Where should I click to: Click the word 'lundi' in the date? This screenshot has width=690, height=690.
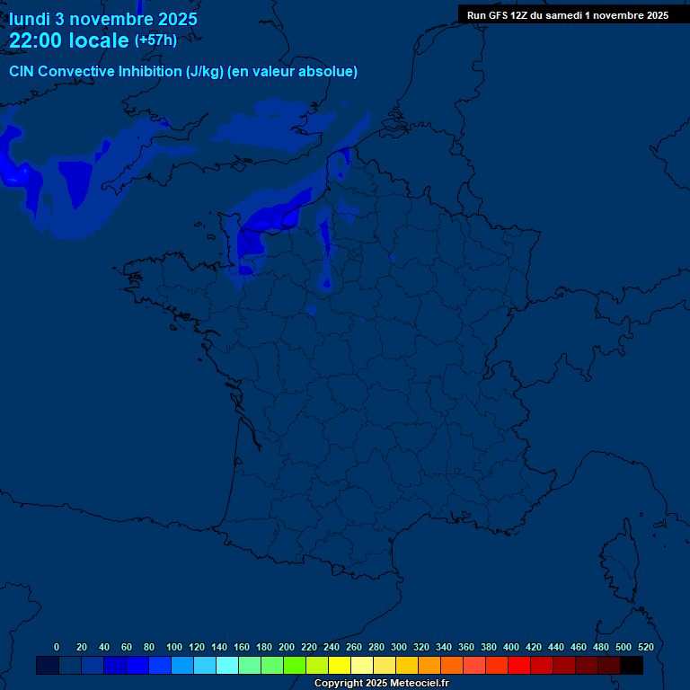(30, 19)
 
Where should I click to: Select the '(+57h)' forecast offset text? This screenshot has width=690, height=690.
(155, 40)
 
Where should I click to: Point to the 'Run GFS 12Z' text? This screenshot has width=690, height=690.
(500, 15)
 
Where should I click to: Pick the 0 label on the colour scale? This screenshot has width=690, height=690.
(57, 647)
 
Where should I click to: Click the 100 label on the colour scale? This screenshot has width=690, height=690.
(174, 647)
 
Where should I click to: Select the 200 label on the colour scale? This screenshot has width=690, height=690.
(287, 647)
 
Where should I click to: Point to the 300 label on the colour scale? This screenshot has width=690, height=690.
(399, 647)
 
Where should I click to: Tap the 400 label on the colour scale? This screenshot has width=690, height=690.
(511, 647)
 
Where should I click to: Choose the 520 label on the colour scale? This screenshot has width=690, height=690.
(646, 647)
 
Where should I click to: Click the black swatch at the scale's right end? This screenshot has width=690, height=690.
(632, 665)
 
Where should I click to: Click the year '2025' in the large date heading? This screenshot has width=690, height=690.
(167, 19)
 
